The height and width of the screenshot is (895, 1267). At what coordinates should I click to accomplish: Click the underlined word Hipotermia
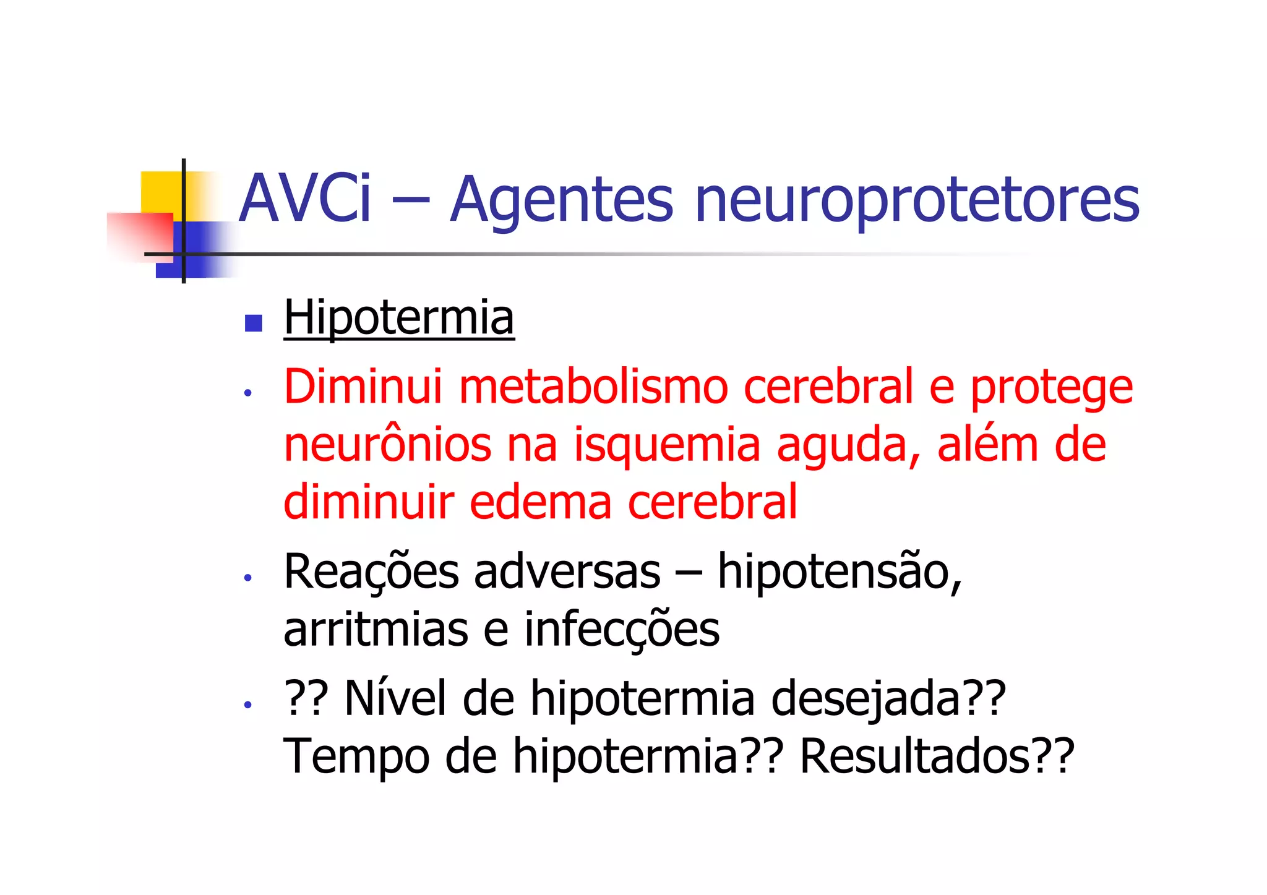tap(399, 318)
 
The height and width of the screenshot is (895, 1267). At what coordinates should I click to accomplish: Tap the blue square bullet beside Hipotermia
tap(254, 323)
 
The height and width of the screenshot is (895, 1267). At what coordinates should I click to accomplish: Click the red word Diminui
tap(363, 387)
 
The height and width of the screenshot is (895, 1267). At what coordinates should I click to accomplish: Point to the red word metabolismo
tap(593, 387)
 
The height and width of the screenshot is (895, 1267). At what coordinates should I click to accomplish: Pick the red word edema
tap(540, 502)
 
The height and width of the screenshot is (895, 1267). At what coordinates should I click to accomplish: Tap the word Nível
tap(395, 698)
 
